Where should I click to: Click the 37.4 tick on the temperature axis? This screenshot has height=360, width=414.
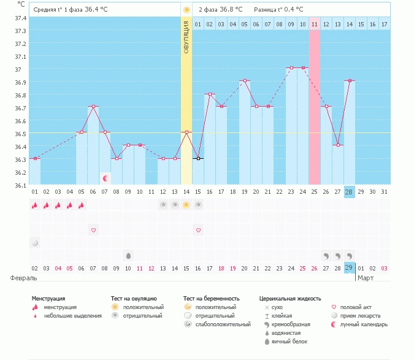(20, 17)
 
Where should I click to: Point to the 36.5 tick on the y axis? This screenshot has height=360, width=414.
(20, 133)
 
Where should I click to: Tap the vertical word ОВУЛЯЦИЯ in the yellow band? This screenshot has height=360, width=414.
(186, 37)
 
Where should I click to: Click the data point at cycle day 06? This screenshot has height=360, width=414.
(93, 107)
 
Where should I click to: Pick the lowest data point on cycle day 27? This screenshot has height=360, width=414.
(337, 145)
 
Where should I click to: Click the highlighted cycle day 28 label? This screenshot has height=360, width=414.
(349, 192)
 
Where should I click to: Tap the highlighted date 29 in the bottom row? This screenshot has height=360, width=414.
(349, 268)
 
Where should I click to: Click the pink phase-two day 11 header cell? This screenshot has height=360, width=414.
(314, 24)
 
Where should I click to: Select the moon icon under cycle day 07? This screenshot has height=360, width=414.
(105, 178)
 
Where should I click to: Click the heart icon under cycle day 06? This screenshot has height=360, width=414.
(94, 230)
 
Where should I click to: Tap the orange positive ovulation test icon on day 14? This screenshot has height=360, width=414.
(186, 205)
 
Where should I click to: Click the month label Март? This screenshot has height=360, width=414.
(366, 278)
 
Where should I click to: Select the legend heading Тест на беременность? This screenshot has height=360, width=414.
(211, 298)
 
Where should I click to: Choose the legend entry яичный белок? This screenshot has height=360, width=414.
(289, 341)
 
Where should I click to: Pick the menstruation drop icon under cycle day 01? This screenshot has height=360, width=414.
(35, 205)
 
